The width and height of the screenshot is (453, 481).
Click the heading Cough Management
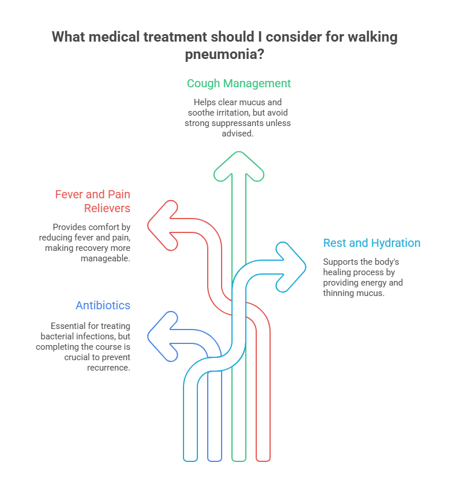click(x=238, y=83)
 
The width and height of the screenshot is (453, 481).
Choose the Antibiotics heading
click(x=103, y=305)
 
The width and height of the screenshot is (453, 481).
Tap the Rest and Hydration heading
click(x=372, y=243)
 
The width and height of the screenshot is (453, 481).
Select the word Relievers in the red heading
click(x=107, y=208)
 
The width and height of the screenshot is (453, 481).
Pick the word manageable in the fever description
click(x=106, y=258)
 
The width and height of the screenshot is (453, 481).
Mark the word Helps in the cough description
click(x=204, y=101)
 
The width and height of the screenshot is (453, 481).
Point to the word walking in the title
click(x=372, y=38)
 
